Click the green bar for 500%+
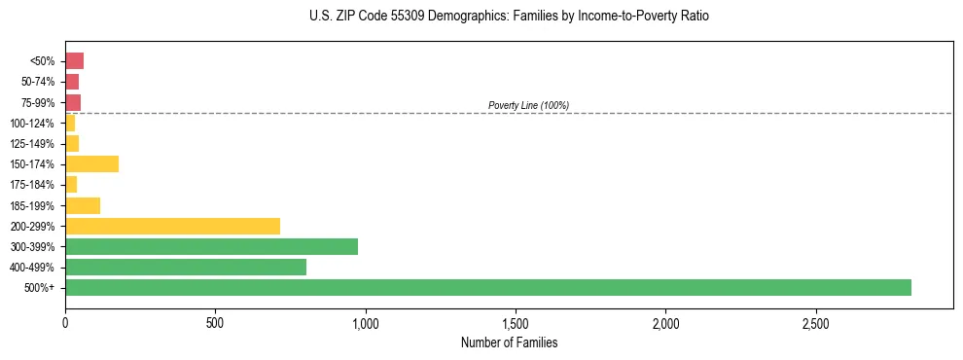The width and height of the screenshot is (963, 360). pyautogui.click(x=487, y=287)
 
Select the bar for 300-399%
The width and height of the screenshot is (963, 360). pyautogui.click(x=211, y=246)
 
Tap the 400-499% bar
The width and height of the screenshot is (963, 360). pyautogui.click(x=186, y=267)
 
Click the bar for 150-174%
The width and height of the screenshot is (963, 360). pyautogui.click(x=91, y=163)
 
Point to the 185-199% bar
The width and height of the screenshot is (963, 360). pyautogui.click(x=83, y=205)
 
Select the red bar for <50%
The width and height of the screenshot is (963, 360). pyautogui.click(x=74, y=61)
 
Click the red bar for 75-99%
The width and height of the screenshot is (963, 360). pyautogui.click(x=73, y=102)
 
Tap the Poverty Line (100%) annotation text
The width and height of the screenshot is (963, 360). pyautogui.click(x=528, y=105)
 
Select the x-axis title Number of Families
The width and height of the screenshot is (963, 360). pyautogui.click(x=510, y=342)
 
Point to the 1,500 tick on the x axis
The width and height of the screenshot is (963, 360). pyautogui.click(x=516, y=322)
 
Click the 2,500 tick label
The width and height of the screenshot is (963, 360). pyautogui.click(x=815, y=322)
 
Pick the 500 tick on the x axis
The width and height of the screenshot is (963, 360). pyautogui.click(x=215, y=322)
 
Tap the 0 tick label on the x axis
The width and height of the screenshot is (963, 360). pyautogui.click(x=65, y=322)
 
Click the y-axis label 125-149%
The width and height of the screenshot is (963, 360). pyautogui.click(x=32, y=144)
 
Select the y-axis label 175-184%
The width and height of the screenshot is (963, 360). pyautogui.click(x=32, y=185)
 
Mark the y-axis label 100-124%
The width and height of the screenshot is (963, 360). pyautogui.click(x=32, y=124)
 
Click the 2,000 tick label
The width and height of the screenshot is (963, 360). pyautogui.click(x=665, y=322)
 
